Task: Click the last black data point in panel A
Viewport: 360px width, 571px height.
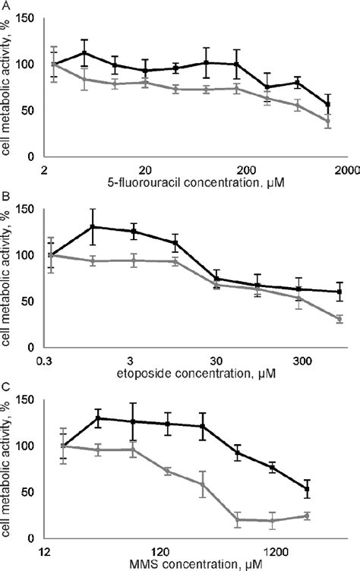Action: click(327, 105)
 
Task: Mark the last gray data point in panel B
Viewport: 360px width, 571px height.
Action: click(339, 320)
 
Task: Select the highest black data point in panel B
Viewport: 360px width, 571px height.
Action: click(93, 226)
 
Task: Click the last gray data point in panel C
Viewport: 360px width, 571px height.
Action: click(327, 516)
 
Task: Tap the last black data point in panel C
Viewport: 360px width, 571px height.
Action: click(327, 489)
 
